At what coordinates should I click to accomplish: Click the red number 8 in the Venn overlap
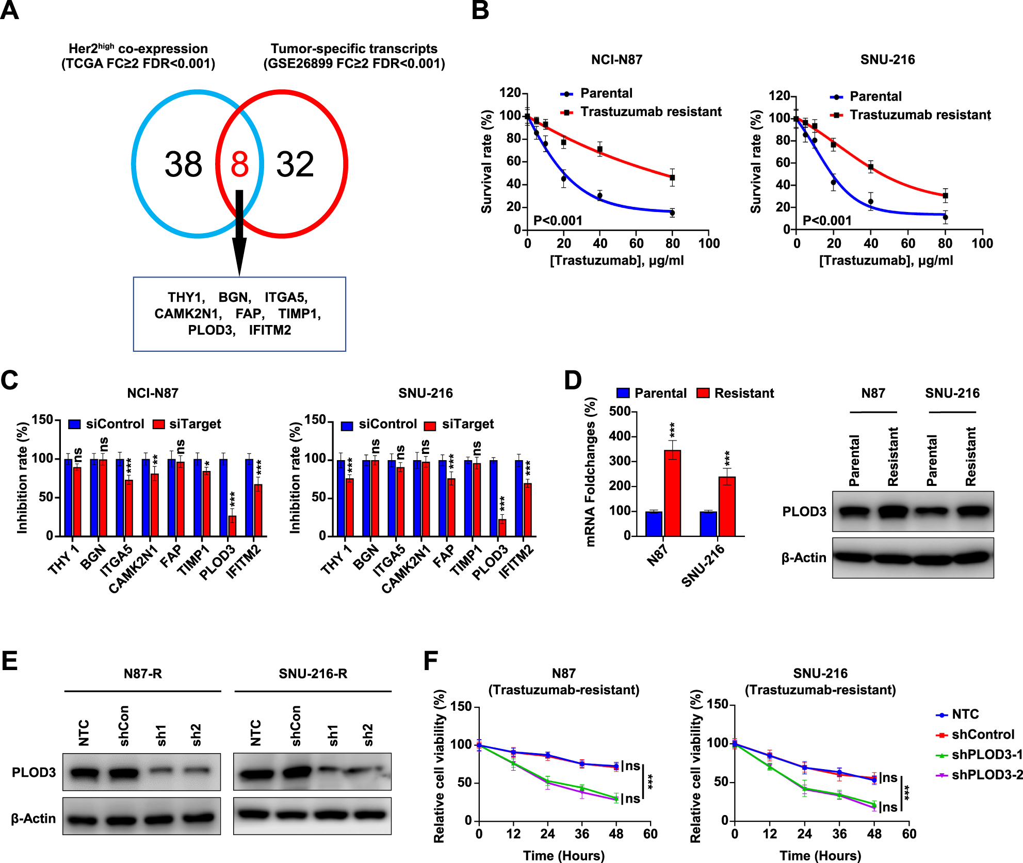239,165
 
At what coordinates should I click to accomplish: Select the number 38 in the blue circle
183,165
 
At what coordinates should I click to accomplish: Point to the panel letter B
480,10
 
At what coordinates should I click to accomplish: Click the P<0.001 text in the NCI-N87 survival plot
558,221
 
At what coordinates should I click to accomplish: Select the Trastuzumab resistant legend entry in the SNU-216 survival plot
920,115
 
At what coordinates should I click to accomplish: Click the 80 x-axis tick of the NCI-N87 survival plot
672,243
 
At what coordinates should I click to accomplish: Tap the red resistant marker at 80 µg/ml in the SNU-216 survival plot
945,196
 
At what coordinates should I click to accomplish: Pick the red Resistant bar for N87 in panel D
672,493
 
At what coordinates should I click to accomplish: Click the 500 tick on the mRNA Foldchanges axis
620,412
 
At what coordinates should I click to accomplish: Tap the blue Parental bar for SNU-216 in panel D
708,524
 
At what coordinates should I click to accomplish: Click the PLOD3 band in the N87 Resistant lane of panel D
893,512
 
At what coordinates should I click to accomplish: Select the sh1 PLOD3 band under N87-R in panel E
162,771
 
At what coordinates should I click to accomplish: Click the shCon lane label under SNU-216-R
295,726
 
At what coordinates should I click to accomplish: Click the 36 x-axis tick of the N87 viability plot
582,834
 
